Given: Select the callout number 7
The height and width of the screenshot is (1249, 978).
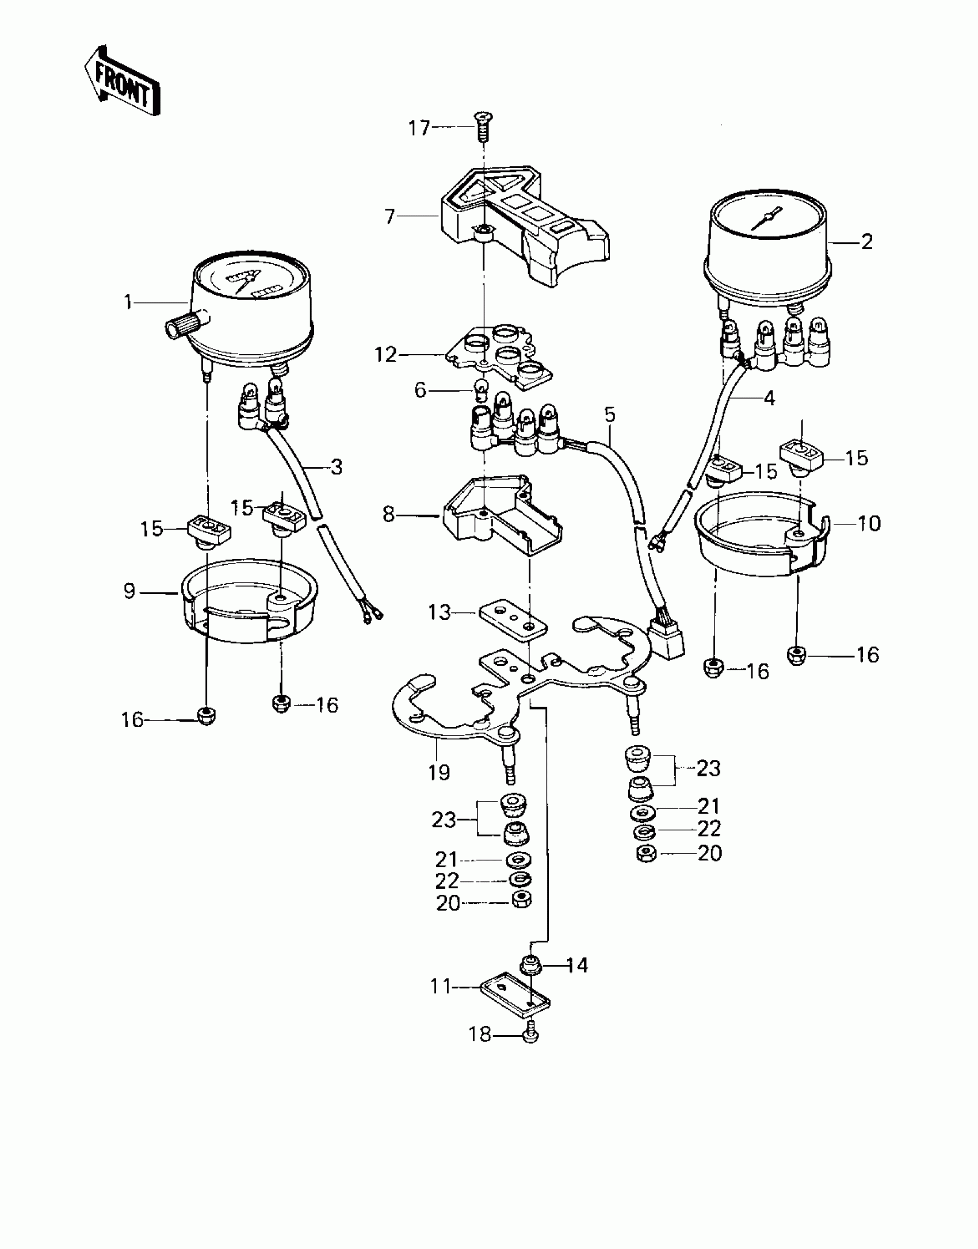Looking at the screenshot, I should click(390, 217).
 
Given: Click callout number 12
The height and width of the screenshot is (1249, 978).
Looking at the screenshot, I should click(385, 355).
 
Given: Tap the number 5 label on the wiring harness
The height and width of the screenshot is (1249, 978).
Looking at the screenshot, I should click(610, 414).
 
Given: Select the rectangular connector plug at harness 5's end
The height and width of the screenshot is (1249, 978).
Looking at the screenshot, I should click(667, 641).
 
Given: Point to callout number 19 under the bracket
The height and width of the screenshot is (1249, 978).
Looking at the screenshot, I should click(438, 772).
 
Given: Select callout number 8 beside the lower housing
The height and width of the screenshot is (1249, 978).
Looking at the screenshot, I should click(389, 514).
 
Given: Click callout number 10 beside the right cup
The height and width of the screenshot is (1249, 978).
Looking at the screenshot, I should click(869, 523).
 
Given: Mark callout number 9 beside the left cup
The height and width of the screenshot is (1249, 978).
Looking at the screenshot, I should click(129, 591).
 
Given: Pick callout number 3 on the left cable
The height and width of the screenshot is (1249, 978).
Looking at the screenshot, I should click(337, 467).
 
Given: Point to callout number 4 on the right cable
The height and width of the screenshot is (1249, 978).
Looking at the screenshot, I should click(769, 398).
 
